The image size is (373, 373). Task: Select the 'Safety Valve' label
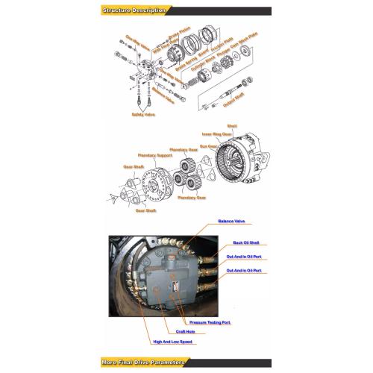[x=144, y=115]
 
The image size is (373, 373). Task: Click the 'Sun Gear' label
[x=207, y=147]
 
